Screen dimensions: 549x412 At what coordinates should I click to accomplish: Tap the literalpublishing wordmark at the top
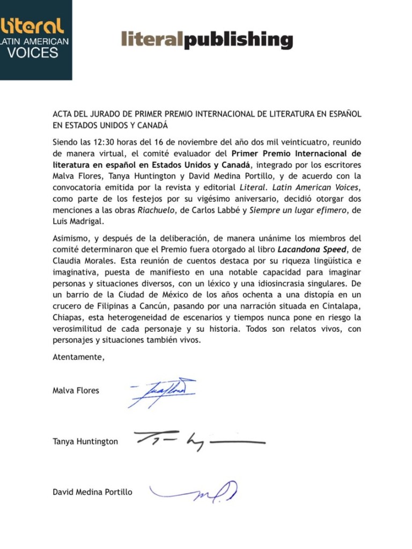(x=207, y=40)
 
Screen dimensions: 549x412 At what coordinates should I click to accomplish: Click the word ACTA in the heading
(x=63, y=114)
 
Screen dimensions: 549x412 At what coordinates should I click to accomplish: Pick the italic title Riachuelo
(x=156, y=210)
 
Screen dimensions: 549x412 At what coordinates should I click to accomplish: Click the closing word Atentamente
(x=78, y=358)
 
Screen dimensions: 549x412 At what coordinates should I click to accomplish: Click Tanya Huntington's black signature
(x=198, y=441)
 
